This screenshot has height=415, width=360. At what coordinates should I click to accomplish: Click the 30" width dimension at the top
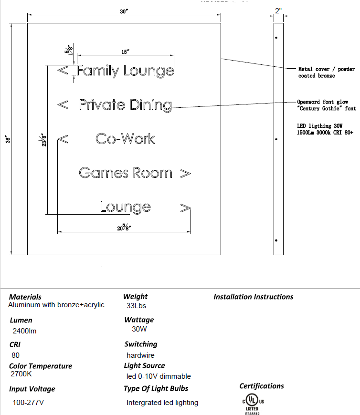pos(124,11)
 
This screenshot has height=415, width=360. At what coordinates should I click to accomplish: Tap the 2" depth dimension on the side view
pos(278,10)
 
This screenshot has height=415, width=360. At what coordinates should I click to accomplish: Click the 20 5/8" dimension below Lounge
pos(125,227)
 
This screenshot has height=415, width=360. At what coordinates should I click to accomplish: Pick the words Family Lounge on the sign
pos(126,71)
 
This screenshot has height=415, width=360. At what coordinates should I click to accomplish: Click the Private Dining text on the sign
pos(125,105)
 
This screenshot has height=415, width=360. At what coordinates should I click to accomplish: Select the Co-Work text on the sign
pos(125,139)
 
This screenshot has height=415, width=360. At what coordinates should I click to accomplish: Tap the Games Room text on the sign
pos(125,173)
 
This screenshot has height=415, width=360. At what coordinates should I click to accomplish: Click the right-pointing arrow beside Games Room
pos(186,174)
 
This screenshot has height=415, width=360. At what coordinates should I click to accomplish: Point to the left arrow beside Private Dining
pos(63,105)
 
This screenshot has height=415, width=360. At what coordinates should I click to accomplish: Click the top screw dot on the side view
pos(276,37)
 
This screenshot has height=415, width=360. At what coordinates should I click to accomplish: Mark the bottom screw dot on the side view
pos(276,240)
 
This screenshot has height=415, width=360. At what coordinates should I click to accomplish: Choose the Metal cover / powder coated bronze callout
pos(326,73)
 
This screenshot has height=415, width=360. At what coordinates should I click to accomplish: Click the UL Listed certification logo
pos(252,403)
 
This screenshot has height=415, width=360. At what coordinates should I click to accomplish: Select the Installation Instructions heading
pos(253,297)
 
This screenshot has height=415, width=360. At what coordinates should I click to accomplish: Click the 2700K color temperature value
pos(21,374)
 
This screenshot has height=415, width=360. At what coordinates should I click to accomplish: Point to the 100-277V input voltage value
pos(29,403)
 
